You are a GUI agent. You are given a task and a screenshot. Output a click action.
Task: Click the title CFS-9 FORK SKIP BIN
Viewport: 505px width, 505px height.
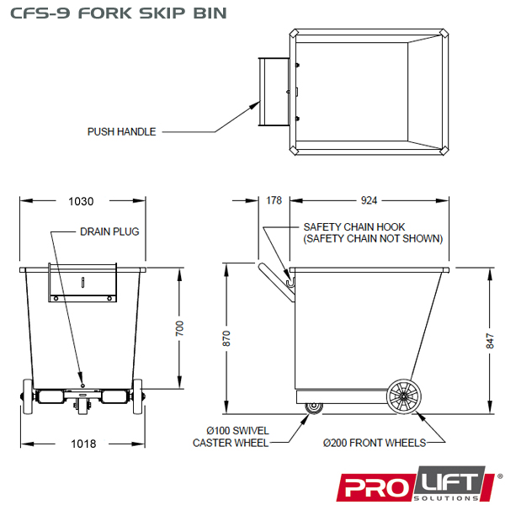(113, 14)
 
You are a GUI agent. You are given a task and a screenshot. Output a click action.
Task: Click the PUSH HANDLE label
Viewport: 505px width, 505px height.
(122, 132)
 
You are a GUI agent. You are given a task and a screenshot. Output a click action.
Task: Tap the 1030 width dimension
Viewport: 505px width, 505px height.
(81, 201)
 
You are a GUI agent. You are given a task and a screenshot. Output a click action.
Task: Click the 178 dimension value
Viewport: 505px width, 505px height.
(273, 200)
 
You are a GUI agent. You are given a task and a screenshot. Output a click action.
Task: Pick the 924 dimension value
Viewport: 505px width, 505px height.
(368, 200)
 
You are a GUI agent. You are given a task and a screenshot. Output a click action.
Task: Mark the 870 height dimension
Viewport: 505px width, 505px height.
(226, 338)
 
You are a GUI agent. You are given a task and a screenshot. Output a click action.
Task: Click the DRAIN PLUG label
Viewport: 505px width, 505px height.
(109, 231)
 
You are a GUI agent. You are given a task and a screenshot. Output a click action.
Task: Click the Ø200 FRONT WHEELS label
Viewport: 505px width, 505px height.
(375, 443)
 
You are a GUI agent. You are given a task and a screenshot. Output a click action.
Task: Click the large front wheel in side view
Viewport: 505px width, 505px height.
(405, 398)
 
